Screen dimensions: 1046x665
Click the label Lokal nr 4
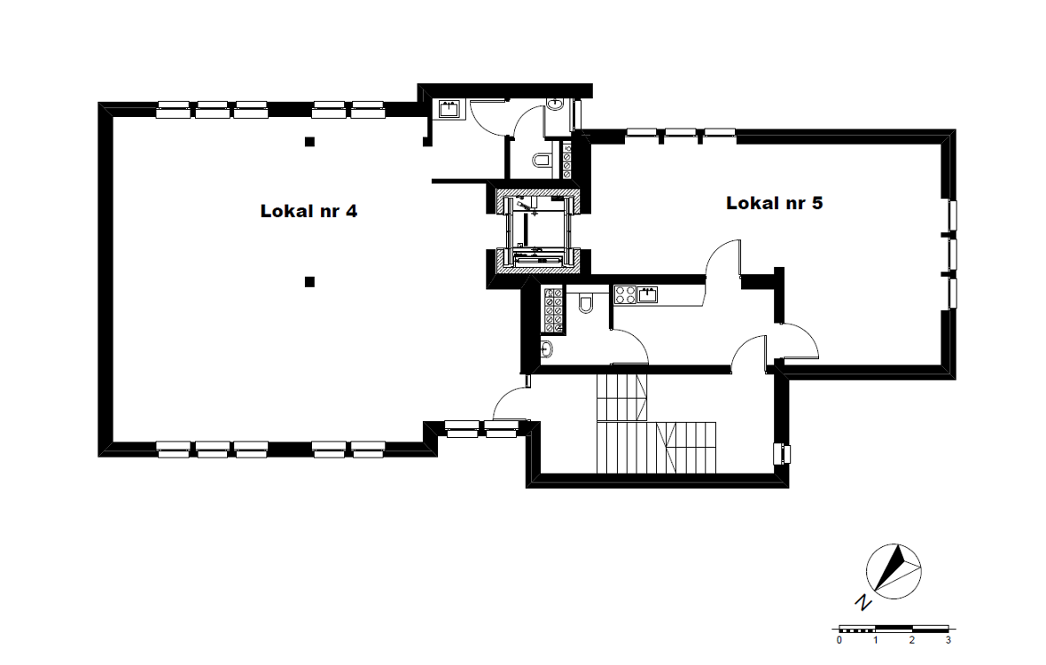pyautogui.click(x=308, y=211)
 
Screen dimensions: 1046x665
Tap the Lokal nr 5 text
pyautogui.click(x=775, y=203)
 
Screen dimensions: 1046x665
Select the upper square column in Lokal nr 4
pyautogui.click(x=309, y=141)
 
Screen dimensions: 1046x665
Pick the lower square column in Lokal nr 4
pyautogui.click(x=309, y=282)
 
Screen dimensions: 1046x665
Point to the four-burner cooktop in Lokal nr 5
pyautogui.click(x=625, y=294)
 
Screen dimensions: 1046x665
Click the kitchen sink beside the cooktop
pyautogui.click(x=647, y=293)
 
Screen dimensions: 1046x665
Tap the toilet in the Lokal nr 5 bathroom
pyautogui.click(x=586, y=303)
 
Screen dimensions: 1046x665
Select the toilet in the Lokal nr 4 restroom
pyautogui.click(x=541, y=160)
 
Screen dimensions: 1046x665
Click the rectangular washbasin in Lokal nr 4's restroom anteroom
pyautogui.click(x=449, y=109)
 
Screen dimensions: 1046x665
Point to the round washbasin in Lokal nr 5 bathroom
pyautogui.click(x=546, y=348)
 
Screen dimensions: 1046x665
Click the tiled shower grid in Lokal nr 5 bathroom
pyautogui.click(x=553, y=310)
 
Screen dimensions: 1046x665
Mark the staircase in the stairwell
pyautogui.click(x=656, y=424)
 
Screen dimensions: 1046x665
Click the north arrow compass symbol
pyautogui.click(x=894, y=572)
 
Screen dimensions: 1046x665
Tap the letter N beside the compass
pyautogui.click(x=864, y=602)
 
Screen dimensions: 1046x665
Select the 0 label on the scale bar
pyautogui.click(x=839, y=640)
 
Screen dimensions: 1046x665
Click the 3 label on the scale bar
pyautogui.click(x=948, y=640)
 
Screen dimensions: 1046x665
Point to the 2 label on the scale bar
pyautogui.click(x=912, y=640)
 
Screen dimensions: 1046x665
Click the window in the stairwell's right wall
pyautogui.click(x=782, y=454)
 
